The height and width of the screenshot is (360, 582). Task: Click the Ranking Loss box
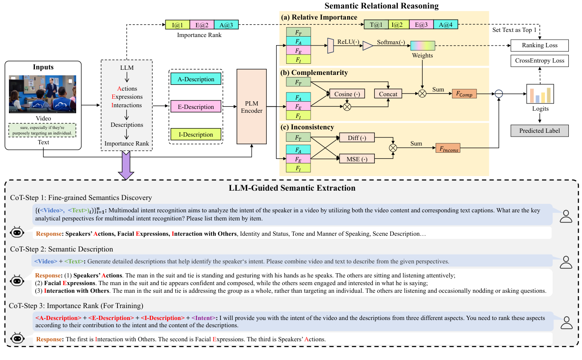[x=539, y=45]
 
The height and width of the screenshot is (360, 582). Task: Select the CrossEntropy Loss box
[x=539, y=60]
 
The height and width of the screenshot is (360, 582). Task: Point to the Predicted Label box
[x=539, y=131]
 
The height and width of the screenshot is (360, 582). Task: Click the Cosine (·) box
[x=347, y=94]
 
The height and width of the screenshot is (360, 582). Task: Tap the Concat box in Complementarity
[x=388, y=94]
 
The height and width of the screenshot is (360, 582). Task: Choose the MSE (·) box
[x=357, y=159]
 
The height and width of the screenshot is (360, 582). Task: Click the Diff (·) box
[x=357, y=138]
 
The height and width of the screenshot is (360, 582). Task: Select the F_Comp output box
[x=464, y=94]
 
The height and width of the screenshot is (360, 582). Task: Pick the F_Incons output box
[x=448, y=148]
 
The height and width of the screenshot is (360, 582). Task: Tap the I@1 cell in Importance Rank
[x=177, y=25]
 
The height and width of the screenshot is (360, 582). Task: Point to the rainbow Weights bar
[x=422, y=46]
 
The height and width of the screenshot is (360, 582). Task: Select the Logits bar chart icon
[x=540, y=94]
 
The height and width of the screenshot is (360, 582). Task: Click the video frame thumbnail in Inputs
[x=43, y=94]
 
